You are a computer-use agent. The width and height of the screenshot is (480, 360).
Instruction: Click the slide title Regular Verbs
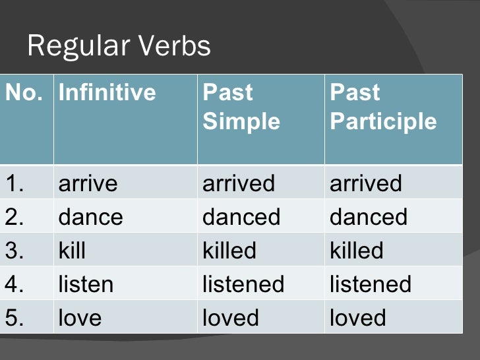tap(119, 46)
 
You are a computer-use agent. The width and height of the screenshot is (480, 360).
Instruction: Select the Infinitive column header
tap(107, 92)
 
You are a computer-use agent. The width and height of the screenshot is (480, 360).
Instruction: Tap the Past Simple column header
tap(241, 106)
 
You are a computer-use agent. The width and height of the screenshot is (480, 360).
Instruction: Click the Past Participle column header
tap(383, 106)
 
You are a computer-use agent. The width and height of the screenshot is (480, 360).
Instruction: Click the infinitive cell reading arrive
tap(88, 183)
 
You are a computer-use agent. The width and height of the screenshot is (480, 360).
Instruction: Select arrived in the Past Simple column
tap(239, 183)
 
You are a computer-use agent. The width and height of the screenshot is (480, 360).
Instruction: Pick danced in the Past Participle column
tap(369, 217)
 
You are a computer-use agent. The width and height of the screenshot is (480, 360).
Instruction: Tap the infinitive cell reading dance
tap(91, 217)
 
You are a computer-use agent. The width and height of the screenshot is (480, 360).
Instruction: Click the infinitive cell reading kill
tap(73, 251)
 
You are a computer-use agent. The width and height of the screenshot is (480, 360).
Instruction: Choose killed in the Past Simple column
tap(229, 251)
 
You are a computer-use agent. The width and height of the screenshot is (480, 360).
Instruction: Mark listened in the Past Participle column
tap(371, 284)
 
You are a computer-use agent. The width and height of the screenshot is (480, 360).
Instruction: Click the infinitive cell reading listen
tap(86, 284)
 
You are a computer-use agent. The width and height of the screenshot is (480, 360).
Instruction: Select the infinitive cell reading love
tap(80, 318)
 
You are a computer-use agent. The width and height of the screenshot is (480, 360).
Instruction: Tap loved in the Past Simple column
tap(231, 318)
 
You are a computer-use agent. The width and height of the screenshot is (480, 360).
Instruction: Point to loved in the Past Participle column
tap(358, 318)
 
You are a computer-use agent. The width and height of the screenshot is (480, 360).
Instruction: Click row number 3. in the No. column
tap(15, 251)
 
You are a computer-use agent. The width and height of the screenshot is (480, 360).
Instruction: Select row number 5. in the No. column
tap(15, 318)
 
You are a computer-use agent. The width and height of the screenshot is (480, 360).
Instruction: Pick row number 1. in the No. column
tap(15, 183)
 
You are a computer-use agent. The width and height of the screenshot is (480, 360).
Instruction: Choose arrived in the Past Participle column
tap(366, 183)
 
